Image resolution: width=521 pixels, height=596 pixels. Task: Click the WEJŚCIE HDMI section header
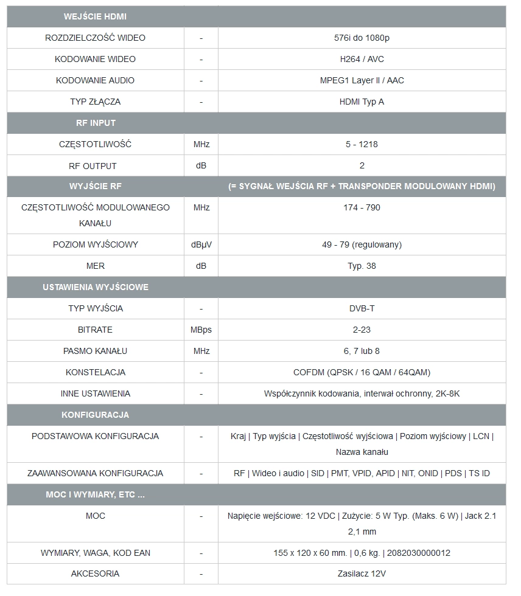[x=95, y=16]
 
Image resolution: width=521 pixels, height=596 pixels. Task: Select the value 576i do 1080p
[x=362, y=38]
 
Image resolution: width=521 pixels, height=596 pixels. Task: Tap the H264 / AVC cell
[x=362, y=59]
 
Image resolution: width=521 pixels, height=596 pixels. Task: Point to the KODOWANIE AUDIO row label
[x=95, y=80]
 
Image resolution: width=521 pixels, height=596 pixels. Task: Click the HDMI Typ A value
[x=362, y=102]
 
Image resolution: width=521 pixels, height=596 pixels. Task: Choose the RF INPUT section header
[x=96, y=123]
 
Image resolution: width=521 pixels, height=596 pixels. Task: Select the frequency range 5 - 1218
[x=362, y=144]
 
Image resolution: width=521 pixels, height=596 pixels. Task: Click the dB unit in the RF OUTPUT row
[x=201, y=165]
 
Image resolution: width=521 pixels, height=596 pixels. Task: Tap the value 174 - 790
[x=362, y=207]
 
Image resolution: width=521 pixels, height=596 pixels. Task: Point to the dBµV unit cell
[x=201, y=244]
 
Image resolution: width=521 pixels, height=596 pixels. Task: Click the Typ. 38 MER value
[x=362, y=266]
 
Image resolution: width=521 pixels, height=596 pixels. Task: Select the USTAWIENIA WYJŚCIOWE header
[x=96, y=287]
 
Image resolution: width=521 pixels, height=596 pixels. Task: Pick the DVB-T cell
[x=362, y=308]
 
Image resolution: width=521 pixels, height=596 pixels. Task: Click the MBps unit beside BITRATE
[x=201, y=330]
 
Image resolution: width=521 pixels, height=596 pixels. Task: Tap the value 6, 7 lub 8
[x=362, y=351]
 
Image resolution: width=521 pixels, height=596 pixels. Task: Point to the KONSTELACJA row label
[x=95, y=372]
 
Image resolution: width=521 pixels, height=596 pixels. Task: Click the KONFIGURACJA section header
[x=95, y=415]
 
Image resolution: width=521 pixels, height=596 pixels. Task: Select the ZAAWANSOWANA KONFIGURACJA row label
[x=95, y=473]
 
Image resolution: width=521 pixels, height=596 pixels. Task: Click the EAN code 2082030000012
[x=418, y=553]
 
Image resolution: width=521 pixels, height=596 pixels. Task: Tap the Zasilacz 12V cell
[x=362, y=573]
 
